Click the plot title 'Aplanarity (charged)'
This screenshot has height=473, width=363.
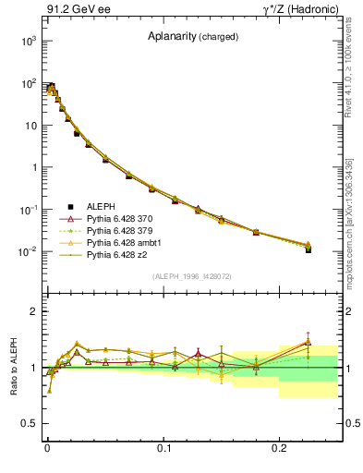(x=193, y=37)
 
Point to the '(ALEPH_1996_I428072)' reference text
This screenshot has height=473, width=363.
(x=193, y=276)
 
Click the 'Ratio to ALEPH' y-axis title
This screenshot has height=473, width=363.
(x=15, y=368)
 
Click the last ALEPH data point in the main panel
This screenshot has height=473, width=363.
(x=309, y=249)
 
